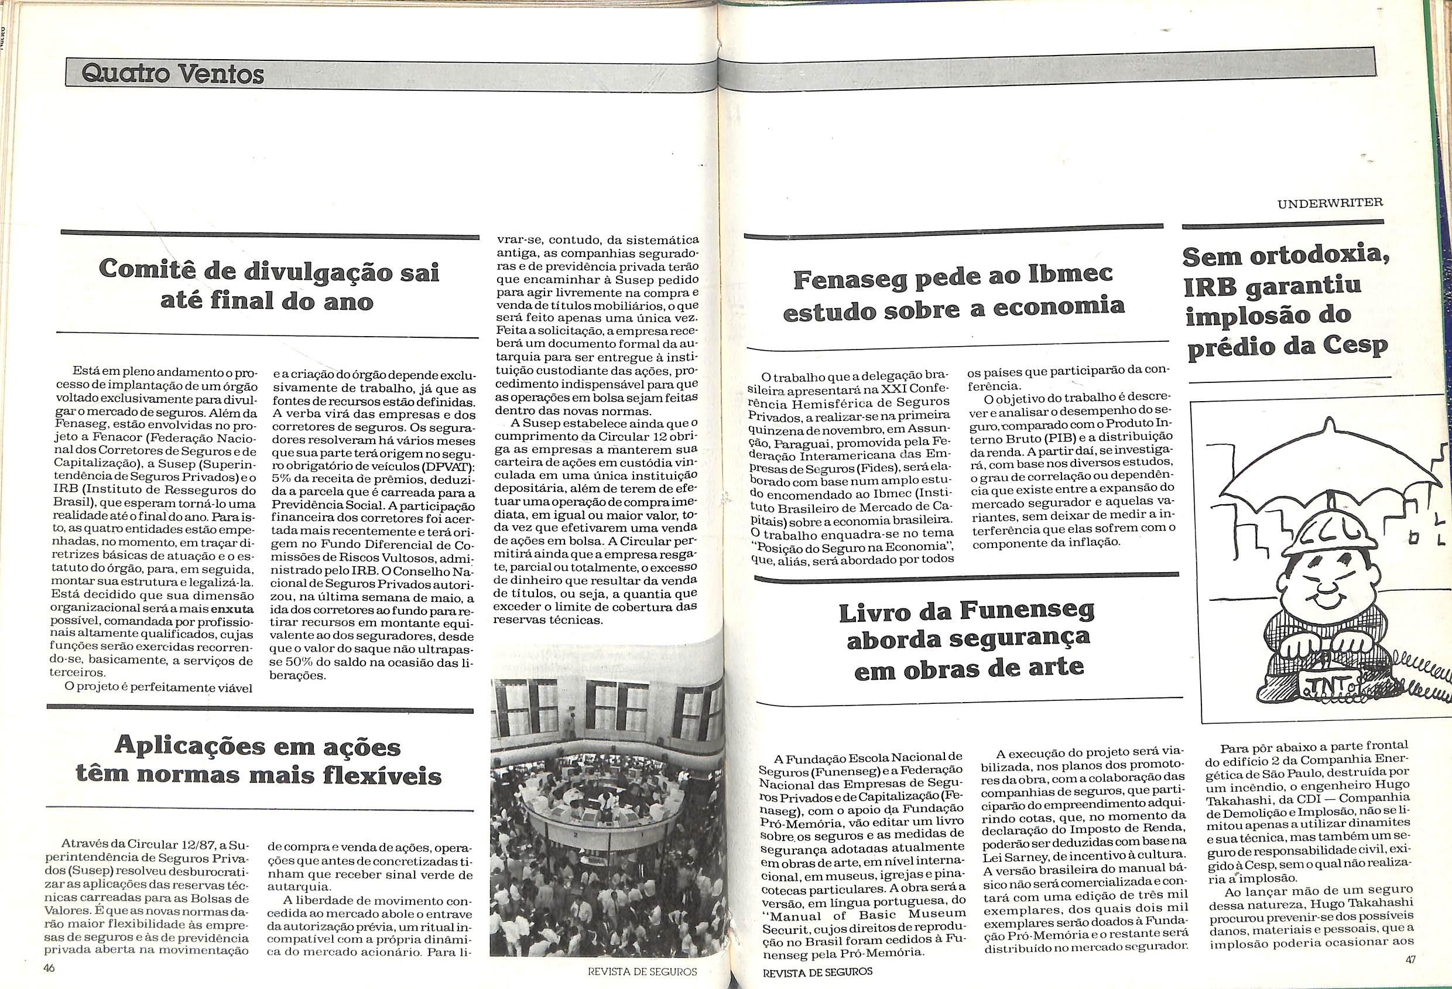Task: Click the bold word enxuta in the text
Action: tap(232, 608)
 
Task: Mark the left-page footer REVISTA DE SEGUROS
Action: tap(642, 971)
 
